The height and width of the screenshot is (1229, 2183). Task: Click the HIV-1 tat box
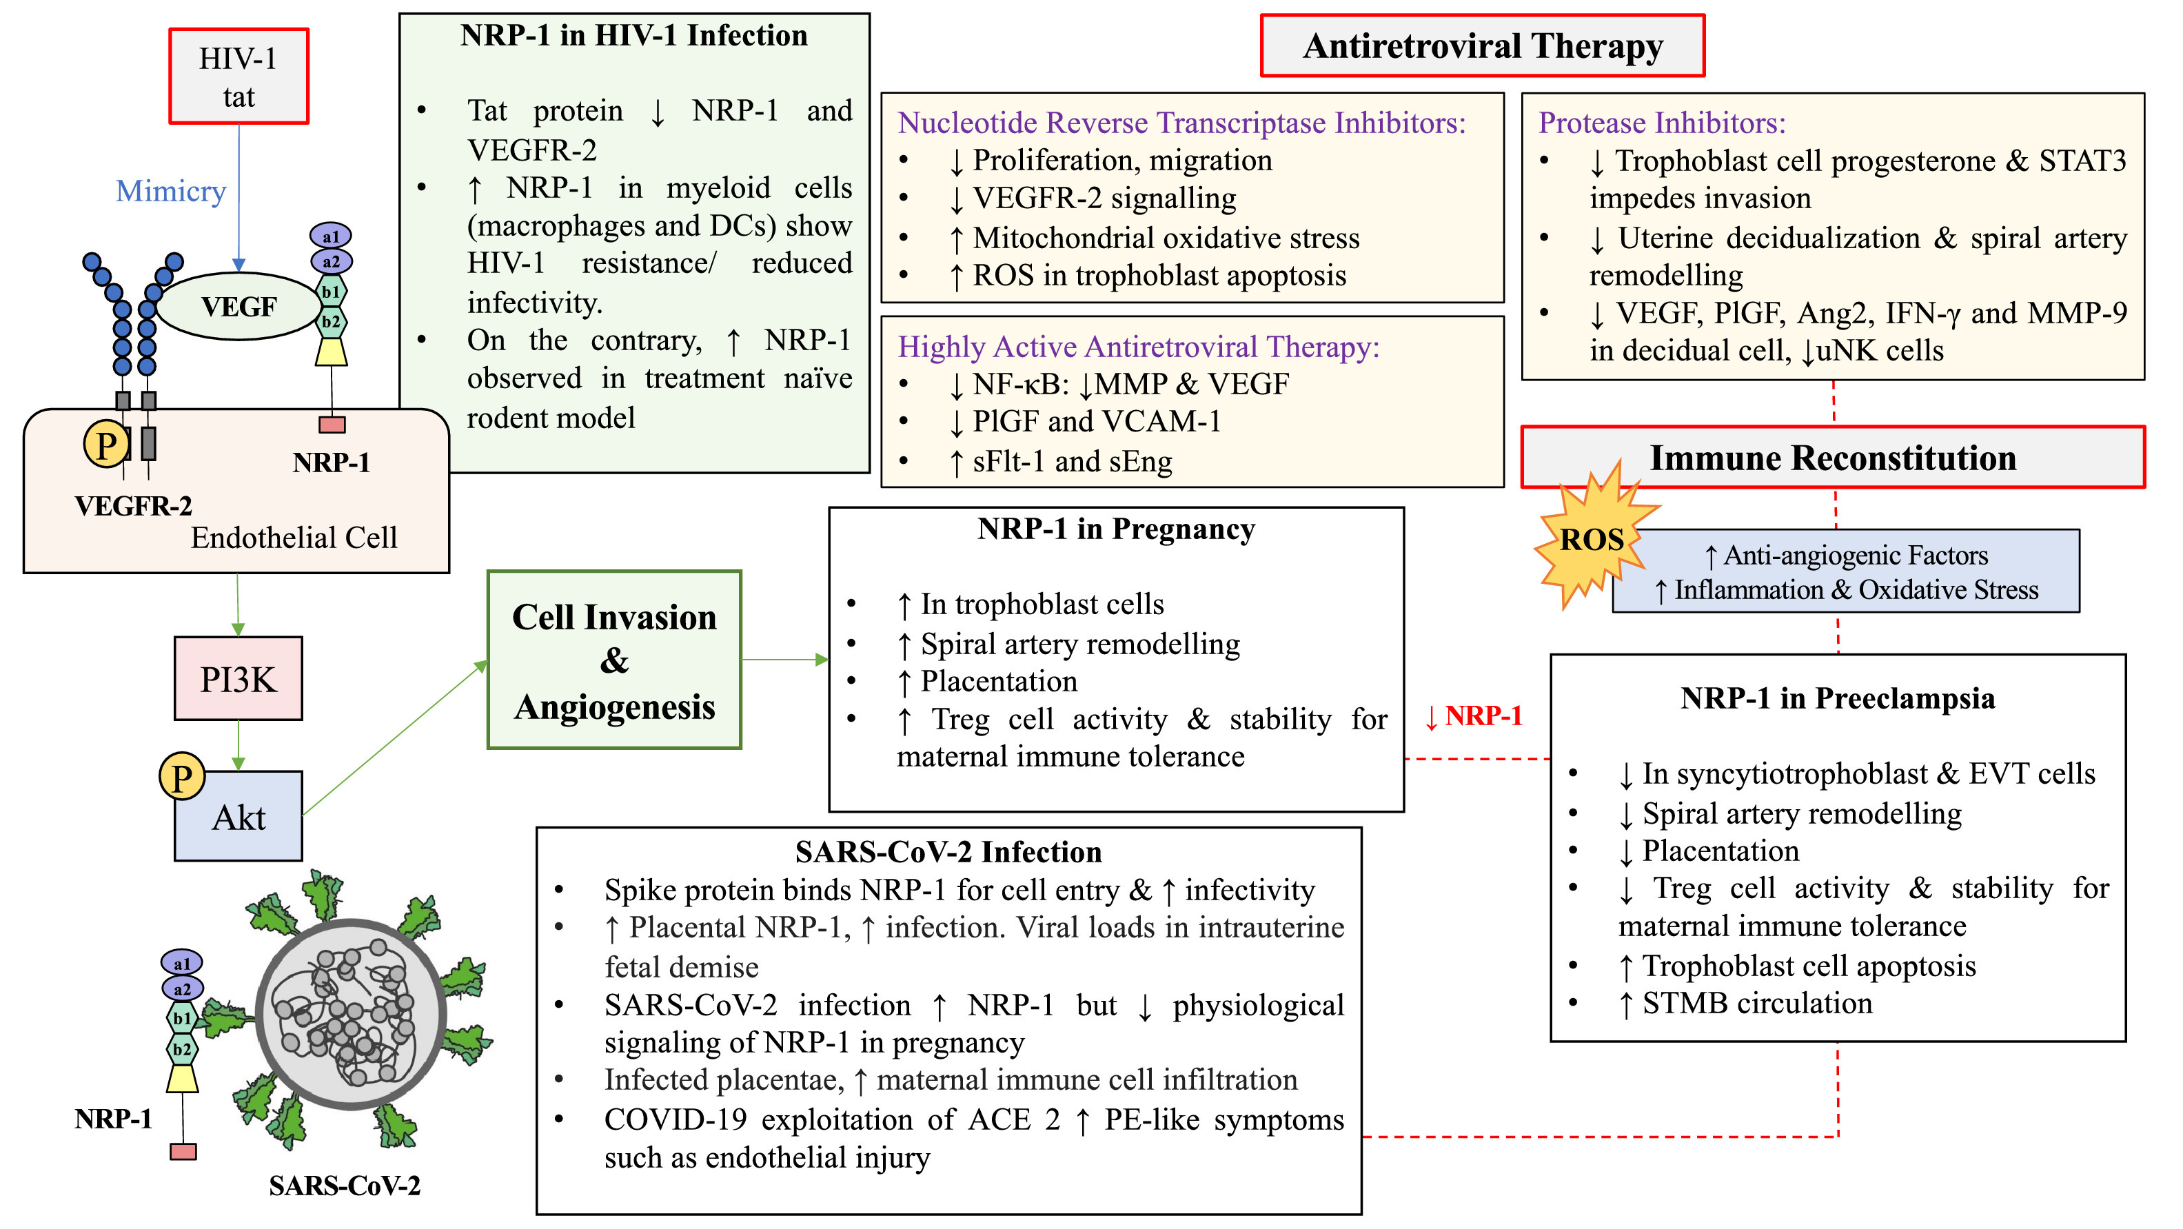tap(238, 77)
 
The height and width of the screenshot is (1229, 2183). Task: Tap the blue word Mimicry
tap(170, 192)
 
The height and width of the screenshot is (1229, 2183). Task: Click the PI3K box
tap(238, 679)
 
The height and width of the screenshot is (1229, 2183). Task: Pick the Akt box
tap(238, 817)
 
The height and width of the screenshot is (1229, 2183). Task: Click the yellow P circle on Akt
tap(181, 776)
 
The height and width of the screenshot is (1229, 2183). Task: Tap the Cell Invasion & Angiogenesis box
tap(614, 660)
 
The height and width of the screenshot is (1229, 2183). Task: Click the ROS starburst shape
tap(1592, 540)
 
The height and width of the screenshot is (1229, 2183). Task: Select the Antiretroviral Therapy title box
tap(1482, 45)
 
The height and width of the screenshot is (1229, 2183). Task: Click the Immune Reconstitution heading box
tap(1832, 458)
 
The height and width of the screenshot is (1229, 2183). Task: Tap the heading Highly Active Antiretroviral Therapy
tap(1138, 347)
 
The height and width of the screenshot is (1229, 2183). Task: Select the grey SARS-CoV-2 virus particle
tap(351, 1015)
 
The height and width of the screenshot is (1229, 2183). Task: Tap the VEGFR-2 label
tap(133, 506)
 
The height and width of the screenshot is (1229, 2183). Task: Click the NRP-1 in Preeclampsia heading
tap(1837, 698)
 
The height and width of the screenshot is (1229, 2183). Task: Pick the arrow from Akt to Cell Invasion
tap(394, 738)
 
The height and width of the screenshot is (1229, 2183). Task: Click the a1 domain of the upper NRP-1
tap(330, 236)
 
